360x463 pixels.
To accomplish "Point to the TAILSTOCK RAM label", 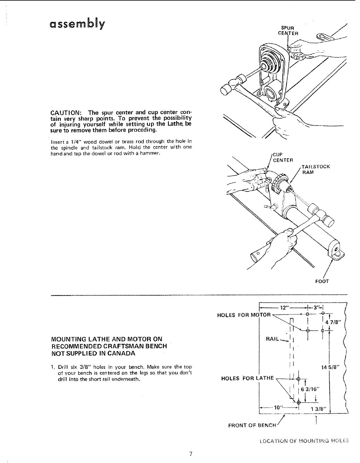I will click(x=316, y=169).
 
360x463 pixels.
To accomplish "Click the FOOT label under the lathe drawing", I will click(x=322, y=281).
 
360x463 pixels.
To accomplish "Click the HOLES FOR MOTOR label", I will click(x=244, y=315).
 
